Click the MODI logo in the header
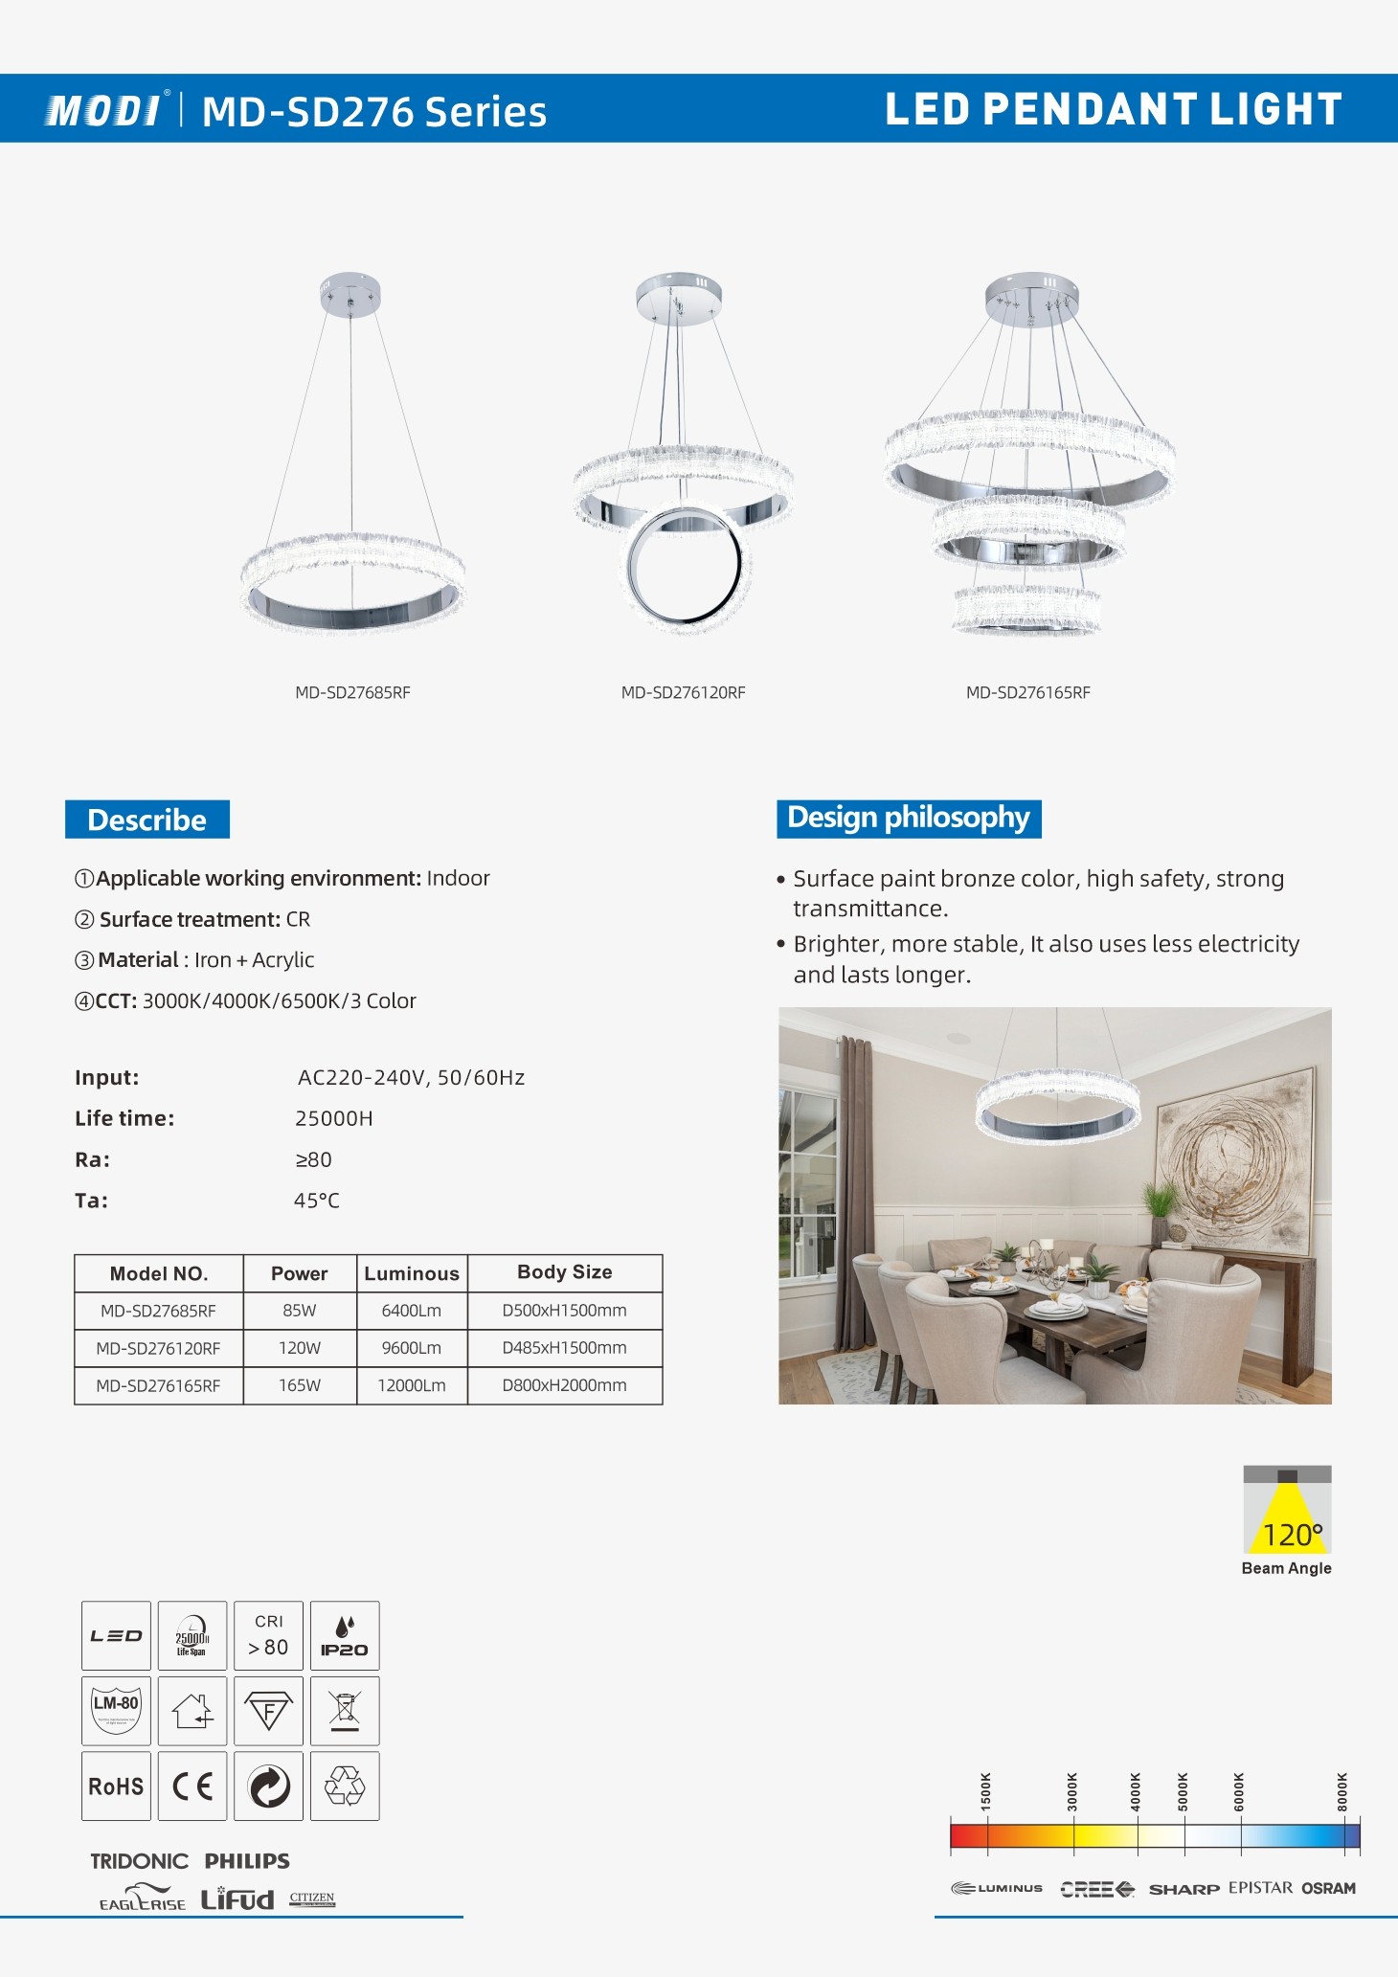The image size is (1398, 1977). click(103, 110)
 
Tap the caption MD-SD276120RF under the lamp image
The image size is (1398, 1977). click(683, 692)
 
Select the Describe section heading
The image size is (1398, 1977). click(147, 820)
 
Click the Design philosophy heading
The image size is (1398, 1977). click(908, 819)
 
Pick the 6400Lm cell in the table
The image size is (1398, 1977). click(412, 1310)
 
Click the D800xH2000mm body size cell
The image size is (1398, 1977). click(564, 1385)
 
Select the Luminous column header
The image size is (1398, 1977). click(412, 1273)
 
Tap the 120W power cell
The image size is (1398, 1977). click(300, 1348)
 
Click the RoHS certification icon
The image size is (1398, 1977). click(116, 1786)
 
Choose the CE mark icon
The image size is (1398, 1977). click(192, 1786)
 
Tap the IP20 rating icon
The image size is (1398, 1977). click(345, 1636)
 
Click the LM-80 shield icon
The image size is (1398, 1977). click(116, 1711)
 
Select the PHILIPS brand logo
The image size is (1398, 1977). click(247, 1861)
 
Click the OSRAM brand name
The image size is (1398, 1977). click(1329, 1888)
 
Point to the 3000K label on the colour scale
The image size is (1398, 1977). click(1072, 1791)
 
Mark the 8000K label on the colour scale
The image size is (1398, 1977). click(1342, 1791)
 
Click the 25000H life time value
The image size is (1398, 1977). click(333, 1118)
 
